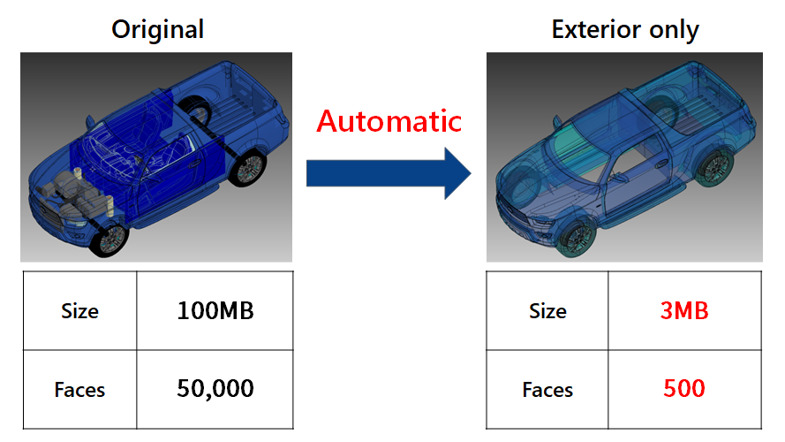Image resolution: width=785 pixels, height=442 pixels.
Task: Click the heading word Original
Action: tap(157, 29)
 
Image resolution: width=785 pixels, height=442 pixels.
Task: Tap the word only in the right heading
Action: tap(674, 30)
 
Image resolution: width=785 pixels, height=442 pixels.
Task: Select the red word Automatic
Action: tap(389, 121)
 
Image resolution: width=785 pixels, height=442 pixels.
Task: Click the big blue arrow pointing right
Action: tap(389, 173)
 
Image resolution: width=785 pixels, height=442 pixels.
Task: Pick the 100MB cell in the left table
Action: tap(215, 310)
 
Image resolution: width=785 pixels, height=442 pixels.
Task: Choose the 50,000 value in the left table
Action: tap(215, 389)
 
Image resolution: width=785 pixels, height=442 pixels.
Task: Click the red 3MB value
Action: tap(684, 310)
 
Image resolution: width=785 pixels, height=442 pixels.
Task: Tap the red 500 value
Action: tap(684, 388)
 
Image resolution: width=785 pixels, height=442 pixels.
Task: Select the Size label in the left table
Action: tap(79, 311)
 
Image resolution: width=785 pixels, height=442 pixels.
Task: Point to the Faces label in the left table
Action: tap(79, 390)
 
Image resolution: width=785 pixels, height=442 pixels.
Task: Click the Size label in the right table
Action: tap(547, 311)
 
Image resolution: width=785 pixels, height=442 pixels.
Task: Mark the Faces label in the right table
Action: tap(547, 390)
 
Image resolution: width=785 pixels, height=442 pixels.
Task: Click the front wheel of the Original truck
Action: tap(109, 240)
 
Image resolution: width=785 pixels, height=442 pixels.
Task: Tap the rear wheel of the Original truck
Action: tap(247, 169)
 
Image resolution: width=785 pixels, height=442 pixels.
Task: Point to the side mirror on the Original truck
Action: tap(90, 121)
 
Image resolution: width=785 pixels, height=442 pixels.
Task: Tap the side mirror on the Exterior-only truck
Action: tap(557, 122)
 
